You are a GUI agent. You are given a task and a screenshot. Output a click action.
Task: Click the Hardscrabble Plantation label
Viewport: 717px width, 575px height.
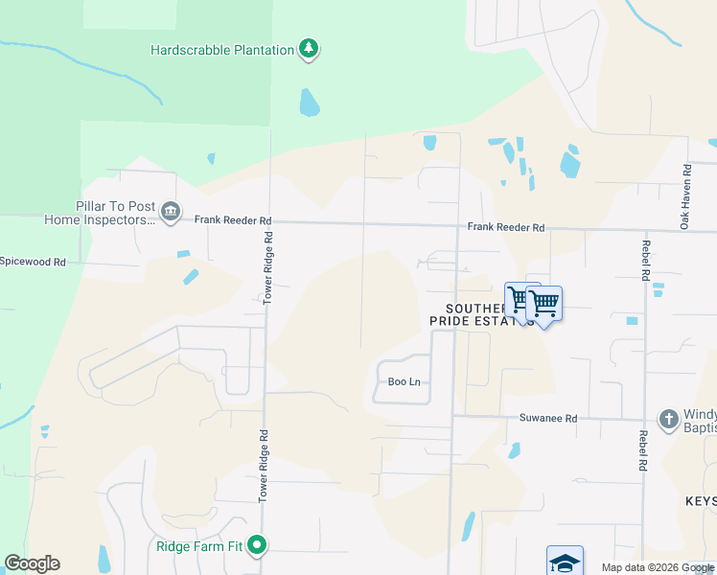221,50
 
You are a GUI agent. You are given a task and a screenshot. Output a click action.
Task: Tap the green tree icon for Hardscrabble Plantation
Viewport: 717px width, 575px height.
308,48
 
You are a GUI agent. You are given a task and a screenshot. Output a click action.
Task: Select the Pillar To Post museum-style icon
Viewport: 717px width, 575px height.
171,212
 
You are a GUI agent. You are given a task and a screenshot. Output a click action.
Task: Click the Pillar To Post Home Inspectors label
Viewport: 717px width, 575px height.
100,213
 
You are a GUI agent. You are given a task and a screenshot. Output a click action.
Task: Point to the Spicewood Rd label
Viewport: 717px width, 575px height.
33,261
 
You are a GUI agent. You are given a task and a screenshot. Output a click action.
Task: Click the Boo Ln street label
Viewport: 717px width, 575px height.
404,381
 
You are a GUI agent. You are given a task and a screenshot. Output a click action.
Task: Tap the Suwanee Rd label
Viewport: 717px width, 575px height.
548,418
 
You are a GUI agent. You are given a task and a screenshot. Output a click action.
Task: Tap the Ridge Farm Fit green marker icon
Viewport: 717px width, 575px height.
257,546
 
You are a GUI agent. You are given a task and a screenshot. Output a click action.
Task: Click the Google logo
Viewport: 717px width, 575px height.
32,563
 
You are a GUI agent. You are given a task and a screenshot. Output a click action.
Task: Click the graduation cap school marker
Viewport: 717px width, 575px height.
565,562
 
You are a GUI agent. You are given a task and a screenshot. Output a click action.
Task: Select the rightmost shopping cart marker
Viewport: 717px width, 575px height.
544,304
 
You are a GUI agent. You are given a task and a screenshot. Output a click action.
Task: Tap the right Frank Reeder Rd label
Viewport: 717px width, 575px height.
506,227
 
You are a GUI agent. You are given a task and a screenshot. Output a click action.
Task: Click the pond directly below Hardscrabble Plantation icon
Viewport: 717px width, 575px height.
309,102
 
